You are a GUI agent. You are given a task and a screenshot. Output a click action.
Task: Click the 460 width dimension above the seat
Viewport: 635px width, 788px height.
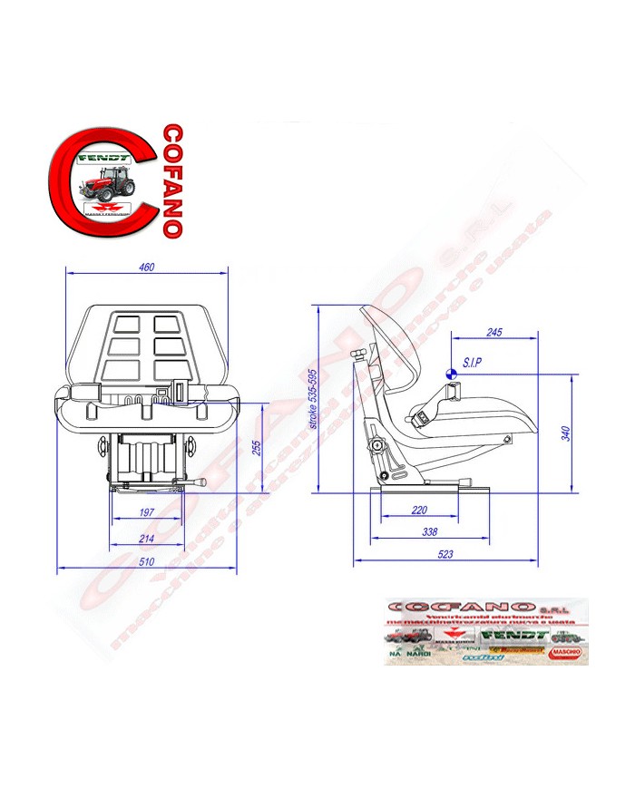click(x=147, y=268)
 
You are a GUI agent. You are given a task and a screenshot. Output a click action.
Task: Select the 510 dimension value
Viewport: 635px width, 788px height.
click(x=146, y=561)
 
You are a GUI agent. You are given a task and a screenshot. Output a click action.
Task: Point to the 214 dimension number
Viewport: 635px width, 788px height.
click(x=146, y=539)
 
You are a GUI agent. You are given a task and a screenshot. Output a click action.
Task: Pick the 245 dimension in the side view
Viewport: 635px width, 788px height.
click(x=493, y=333)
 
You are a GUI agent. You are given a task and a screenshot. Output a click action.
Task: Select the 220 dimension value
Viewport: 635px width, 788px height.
click(x=419, y=509)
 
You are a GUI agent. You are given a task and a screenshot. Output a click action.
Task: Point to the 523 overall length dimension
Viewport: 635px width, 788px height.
click(x=444, y=553)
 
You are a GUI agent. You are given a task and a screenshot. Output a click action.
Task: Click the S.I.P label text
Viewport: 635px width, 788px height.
click(x=473, y=363)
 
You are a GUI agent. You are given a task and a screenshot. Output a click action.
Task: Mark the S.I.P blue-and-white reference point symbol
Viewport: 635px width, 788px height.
click(x=451, y=370)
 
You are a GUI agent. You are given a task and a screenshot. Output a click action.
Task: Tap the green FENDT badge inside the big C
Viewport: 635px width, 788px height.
click(x=106, y=159)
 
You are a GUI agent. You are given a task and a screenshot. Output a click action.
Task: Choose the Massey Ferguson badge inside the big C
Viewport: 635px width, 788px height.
click(x=107, y=209)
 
